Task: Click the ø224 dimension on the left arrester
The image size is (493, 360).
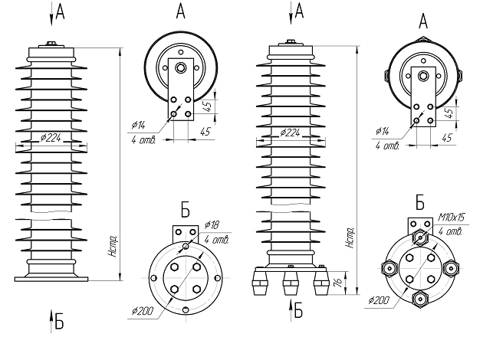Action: (x=52, y=139)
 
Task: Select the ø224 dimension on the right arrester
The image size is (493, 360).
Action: (x=290, y=133)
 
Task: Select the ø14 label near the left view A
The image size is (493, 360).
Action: (x=138, y=124)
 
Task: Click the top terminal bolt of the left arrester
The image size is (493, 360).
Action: (x=52, y=44)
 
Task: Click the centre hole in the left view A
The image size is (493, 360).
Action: (x=181, y=69)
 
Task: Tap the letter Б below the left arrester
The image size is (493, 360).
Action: (x=58, y=322)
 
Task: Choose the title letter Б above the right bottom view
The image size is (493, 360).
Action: (x=420, y=203)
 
